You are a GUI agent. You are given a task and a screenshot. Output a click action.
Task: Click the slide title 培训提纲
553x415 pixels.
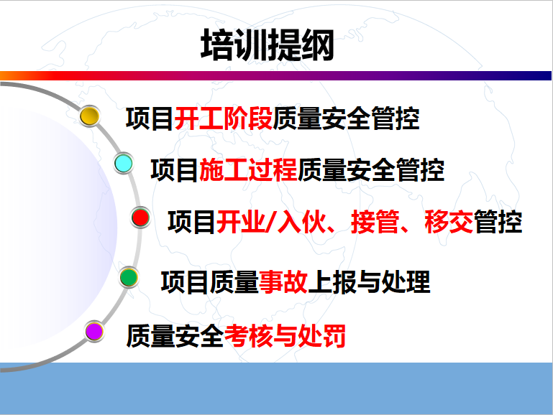tap(268, 45)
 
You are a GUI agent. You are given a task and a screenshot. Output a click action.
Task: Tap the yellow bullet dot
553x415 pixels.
tap(90, 116)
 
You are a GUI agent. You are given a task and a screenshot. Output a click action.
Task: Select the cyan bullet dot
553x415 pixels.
tap(124, 163)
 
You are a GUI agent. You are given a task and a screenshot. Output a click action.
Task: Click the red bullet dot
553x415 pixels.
tap(141, 217)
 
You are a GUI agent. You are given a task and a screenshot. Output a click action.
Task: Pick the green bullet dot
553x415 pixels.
tap(129, 277)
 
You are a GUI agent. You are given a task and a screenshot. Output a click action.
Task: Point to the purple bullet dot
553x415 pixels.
tap(94, 331)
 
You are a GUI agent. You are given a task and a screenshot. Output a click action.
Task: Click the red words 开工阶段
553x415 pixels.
tap(224, 118)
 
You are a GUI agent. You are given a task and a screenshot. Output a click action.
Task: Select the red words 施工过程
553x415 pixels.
tap(249, 170)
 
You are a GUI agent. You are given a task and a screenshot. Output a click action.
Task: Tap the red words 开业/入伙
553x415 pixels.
tap(271, 222)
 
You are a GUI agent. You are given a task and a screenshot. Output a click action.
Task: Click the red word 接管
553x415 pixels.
tap(375, 222)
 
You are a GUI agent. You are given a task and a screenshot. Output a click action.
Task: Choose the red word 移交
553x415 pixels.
tap(449, 222)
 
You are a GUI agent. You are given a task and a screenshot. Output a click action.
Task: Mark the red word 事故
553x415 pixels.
tap(283, 282)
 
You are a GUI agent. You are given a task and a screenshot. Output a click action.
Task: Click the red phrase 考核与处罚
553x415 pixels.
tap(285, 336)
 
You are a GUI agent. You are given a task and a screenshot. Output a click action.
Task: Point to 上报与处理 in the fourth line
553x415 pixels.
tap(369, 282)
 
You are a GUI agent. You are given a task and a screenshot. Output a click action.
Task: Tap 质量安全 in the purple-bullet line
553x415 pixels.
tap(175, 336)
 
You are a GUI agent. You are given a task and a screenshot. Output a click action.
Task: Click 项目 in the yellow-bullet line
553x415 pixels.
tap(150, 118)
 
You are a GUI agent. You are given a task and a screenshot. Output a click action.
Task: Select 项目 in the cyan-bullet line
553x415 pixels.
tap(175, 170)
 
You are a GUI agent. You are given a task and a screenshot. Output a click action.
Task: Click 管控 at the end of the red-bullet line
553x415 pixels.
tap(498, 222)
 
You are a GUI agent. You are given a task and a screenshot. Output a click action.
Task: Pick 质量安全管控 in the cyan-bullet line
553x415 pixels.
tap(371, 170)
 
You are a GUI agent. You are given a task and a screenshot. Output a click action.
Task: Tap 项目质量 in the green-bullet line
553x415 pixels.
tap(210, 282)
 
